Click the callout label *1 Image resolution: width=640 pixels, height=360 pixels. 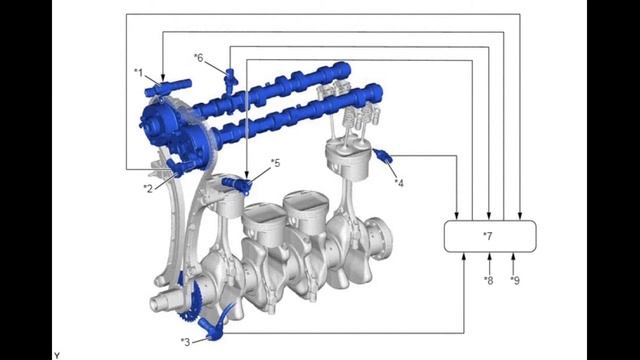coord(139,73)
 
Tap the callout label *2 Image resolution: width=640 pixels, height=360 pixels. coord(148,189)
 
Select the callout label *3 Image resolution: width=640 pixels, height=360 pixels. coord(185,342)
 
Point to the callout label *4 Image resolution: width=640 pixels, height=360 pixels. coord(399,183)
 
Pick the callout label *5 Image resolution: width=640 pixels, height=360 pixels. coord(276,163)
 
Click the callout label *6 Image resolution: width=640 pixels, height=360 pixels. coord(198,58)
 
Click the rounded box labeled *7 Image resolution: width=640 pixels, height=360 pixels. coord(490,236)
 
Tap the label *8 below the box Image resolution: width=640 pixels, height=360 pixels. coord(489,280)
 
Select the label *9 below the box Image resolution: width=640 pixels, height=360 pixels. coord(515,280)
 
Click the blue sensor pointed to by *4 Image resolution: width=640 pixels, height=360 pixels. coord(383,156)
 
